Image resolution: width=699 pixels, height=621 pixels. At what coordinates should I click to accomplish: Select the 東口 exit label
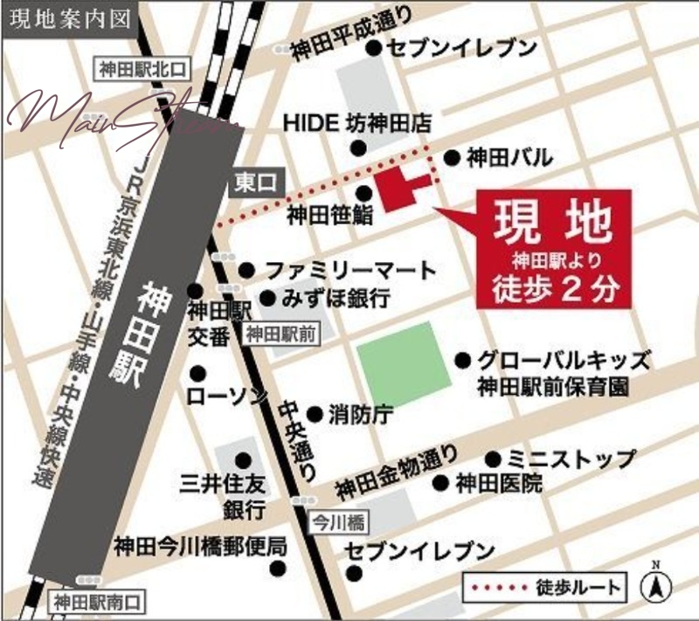pos(255,182)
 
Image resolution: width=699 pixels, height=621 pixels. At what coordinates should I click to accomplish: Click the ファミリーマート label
pos(349,270)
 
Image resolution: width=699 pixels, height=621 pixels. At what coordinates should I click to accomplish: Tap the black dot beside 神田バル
pos(452,158)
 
